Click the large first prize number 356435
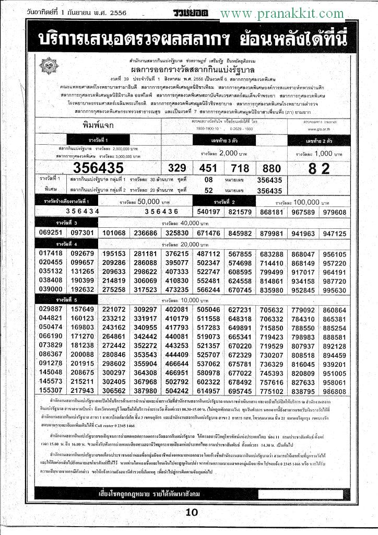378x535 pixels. click(98, 168)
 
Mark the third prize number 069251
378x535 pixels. click(51, 232)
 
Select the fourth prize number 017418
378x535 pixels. click(51, 253)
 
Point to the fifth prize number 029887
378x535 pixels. click(51, 310)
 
